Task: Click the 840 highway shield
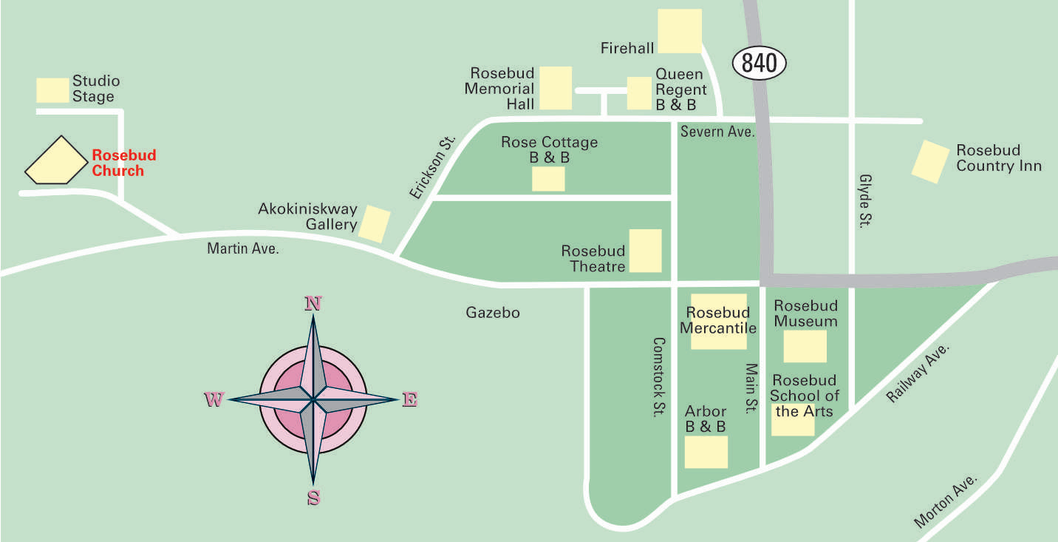coord(760,63)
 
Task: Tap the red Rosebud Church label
coord(123,163)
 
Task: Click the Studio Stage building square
coord(53,90)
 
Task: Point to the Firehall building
coord(679,31)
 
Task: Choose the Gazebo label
coord(493,313)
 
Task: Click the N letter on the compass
coord(313,303)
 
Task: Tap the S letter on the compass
coord(313,498)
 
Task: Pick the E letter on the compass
coord(410,400)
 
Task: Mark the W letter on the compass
coord(214,400)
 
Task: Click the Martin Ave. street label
coord(243,249)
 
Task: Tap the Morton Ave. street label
coord(946,501)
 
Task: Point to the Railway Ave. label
coord(917,373)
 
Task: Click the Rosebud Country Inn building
coord(930,161)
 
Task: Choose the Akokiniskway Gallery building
coord(375,224)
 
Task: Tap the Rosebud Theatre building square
coord(645,251)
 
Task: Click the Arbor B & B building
coord(706,452)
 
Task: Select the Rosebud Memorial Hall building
coord(556,88)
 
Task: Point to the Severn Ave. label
coord(717,132)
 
